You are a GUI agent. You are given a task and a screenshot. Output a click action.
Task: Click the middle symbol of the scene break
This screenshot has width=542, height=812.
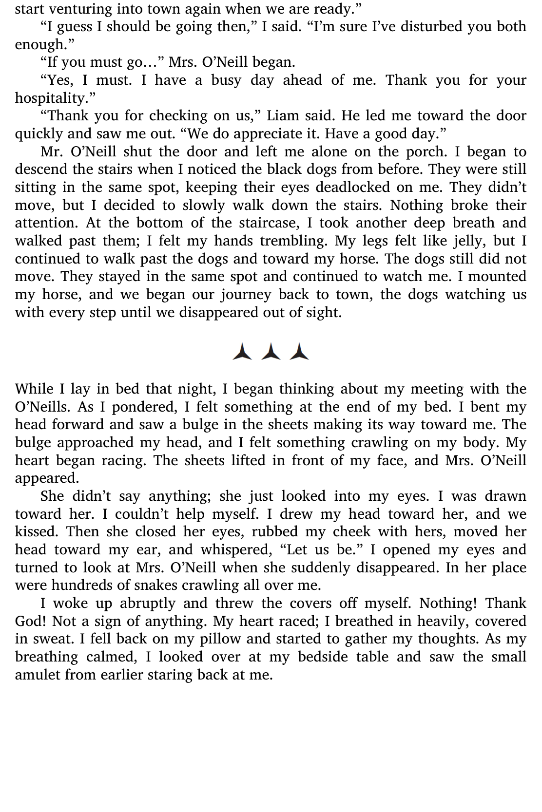click(271, 351)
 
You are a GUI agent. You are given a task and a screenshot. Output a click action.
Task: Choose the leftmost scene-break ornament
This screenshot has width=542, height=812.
click(242, 351)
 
